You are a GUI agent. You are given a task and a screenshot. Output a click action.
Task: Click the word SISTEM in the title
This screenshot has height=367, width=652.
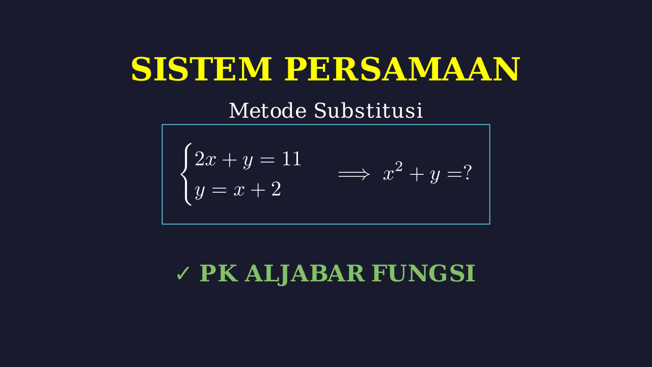pyautogui.click(x=201, y=69)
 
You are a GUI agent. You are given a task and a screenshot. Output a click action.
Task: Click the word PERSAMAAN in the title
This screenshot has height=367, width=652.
pyautogui.click(x=402, y=69)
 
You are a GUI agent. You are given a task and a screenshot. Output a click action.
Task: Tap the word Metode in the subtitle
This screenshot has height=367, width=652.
pyautogui.click(x=268, y=111)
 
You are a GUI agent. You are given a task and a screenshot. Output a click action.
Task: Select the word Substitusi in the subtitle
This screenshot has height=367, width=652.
pyautogui.click(x=368, y=111)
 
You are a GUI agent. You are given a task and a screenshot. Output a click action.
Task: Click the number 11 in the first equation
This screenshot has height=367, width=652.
pyautogui.click(x=292, y=159)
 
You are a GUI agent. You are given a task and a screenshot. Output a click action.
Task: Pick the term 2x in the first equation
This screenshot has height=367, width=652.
pyautogui.click(x=205, y=159)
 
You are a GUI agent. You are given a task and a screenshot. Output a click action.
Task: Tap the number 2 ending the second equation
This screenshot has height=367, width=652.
pyautogui.click(x=276, y=189)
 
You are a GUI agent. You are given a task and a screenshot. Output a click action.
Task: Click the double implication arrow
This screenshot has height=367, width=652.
pyautogui.click(x=354, y=175)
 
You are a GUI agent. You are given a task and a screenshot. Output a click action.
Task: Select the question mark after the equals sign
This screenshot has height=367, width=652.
pyautogui.click(x=467, y=172)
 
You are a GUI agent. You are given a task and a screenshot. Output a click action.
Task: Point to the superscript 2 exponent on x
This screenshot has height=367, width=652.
pyautogui.click(x=398, y=167)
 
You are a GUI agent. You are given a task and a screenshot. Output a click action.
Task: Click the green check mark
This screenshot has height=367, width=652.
pyautogui.click(x=183, y=274)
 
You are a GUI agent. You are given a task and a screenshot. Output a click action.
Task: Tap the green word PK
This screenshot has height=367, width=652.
pyautogui.click(x=219, y=273)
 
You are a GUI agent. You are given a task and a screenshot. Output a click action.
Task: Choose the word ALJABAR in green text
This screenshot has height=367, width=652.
pyautogui.click(x=305, y=274)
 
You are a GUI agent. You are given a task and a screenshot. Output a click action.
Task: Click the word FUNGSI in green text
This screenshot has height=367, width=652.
pyautogui.click(x=423, y=273)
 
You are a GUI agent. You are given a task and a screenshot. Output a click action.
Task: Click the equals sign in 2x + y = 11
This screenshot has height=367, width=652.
pyautogui.click(x=267, y=160)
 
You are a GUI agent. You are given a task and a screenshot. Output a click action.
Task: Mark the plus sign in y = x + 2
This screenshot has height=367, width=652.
pyautogui.click(x=258, y=190)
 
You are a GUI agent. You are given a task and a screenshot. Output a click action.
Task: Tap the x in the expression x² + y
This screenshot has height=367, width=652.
pyautogui.click(x=388, y=175)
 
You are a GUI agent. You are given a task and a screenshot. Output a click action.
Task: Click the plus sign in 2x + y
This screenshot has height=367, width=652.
pyautogui.click(x=229, y=160)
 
